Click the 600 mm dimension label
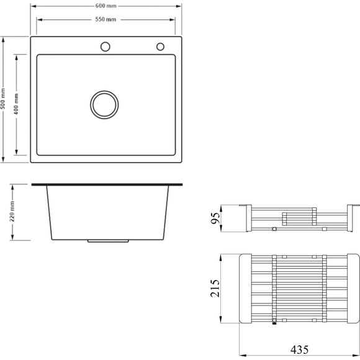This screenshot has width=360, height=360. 106,6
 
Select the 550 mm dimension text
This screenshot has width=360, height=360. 106,19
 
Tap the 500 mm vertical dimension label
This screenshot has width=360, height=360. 3,99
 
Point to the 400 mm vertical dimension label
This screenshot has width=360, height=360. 16,104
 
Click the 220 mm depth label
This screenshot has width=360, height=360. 12,212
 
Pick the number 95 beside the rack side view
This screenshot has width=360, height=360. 215,218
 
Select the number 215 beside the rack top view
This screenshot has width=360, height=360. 215,288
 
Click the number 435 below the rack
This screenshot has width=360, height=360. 299,349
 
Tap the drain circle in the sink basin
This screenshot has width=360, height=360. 104,105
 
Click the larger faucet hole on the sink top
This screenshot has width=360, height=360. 105,47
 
